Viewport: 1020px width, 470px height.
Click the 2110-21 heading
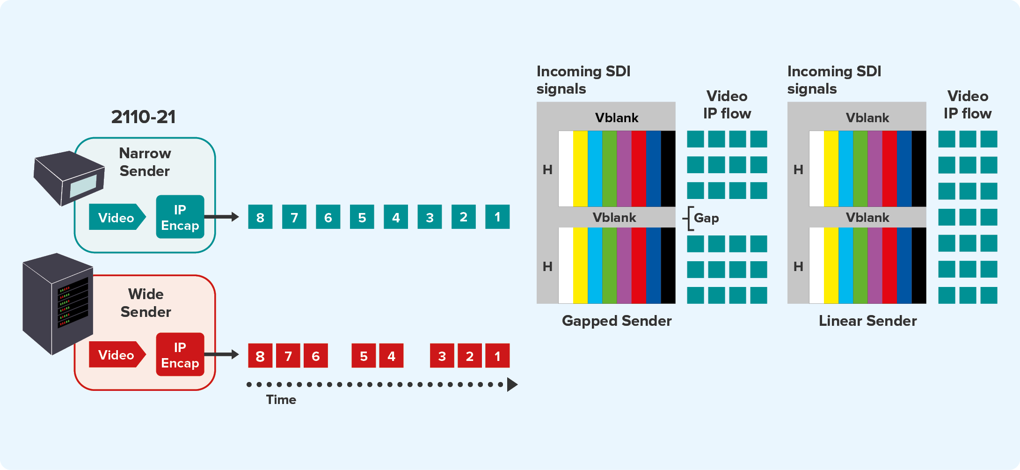point(143,117)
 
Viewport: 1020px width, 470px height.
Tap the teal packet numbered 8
point(260,217)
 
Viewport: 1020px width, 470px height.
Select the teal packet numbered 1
point(497,217)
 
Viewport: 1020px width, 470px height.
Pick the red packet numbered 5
point(364,356)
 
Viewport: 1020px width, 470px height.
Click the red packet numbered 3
point(442,356)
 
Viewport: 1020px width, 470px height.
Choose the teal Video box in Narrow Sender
point(117,217)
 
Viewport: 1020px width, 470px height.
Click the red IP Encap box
point(180,355)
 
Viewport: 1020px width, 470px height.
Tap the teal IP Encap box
point(180,217)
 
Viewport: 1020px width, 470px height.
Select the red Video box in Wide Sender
point(117,355)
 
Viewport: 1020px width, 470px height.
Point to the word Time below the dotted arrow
point(281,400)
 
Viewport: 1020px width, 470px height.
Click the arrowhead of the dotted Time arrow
point(512,385)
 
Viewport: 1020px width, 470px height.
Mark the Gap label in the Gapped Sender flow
point(706,218)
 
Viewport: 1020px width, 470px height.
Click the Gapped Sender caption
point(617,321)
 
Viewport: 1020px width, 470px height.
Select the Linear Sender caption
point(867,321)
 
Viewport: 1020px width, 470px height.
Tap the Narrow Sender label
point(145,162)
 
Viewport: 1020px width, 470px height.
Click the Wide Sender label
point(146,303)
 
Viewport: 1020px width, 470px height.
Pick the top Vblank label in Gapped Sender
point(617,118)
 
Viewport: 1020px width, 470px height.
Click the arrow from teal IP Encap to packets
point(222,217)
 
